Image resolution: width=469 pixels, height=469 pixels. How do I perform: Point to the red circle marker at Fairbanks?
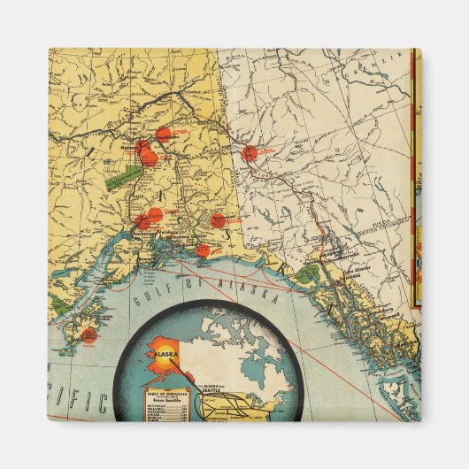(x=163, y=135)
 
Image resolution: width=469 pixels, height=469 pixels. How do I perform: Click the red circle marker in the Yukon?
(x=251, y=152)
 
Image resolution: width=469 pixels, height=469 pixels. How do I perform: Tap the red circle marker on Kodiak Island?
(x=88, y=334)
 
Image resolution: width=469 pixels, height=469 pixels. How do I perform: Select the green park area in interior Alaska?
(x=116, y=177)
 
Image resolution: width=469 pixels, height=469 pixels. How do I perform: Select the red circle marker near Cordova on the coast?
(x=204, y=250)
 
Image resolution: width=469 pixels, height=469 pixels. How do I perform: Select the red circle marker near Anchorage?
(x=153, y=215)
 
